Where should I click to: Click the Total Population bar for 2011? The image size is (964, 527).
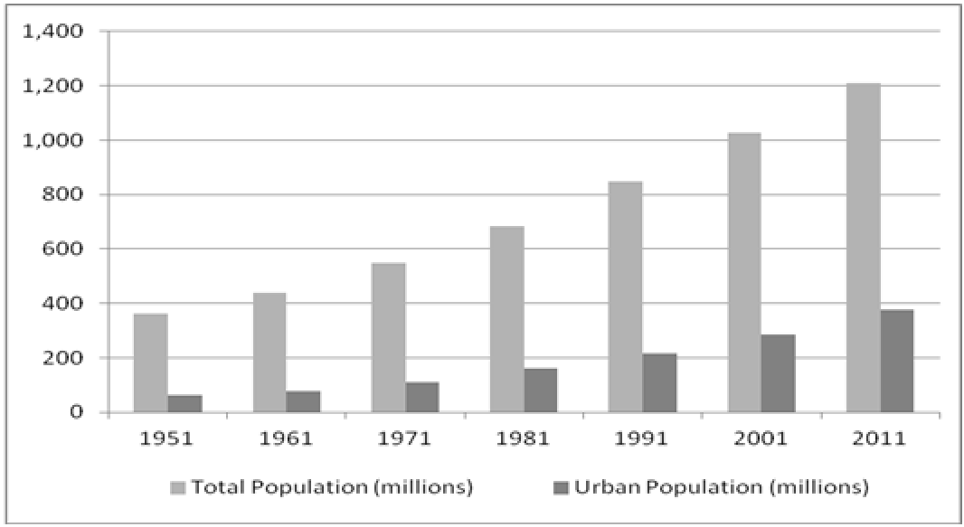pyautogui.click(x=863, y=248)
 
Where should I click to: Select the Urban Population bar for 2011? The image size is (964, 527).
pyautogui.click(x=896, y=362)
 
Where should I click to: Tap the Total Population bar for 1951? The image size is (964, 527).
pyautogui.click(x=150, y=363)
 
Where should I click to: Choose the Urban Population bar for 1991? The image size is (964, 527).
pyautogui.click(x=659, y=383)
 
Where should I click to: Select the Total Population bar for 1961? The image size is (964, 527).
pyautogui.click(x=269, y=353)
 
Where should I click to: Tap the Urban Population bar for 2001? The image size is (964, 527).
pyautogui.click(x=778, y=373)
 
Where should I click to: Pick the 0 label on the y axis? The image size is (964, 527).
pyautogui.click(x=77, y=412)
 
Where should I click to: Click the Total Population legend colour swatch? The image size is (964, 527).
pyautogui.click(x=177, y=488)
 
